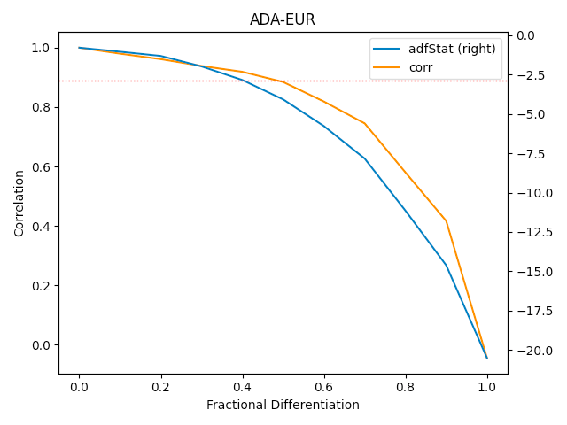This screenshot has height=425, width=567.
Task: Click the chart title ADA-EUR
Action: [x=283, y=19]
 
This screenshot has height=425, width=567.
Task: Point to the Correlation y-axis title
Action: [x=19, y=204]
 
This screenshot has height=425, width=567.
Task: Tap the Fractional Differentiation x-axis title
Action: [x=283, y=405]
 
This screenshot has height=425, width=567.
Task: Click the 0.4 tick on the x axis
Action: [x=242, y=387]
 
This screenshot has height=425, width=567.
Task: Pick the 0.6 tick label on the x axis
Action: [x=323, y=387]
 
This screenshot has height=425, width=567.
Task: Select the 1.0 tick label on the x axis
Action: [x=486, y=387]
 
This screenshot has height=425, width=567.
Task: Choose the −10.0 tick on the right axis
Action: [x=530, y=193]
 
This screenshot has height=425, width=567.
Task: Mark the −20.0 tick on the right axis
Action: [x=530, y=351]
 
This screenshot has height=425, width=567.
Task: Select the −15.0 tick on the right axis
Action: [x=530, y=272]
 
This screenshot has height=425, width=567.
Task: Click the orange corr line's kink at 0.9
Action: [x=446, y=221]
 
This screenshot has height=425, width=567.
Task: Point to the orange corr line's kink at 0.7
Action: [x=364, y=123]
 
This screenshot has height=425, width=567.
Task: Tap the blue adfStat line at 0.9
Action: [x=446, y=265]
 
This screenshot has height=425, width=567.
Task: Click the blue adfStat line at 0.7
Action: [x=364, y=158]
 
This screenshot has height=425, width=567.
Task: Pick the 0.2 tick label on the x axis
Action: [x=160, y=387]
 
